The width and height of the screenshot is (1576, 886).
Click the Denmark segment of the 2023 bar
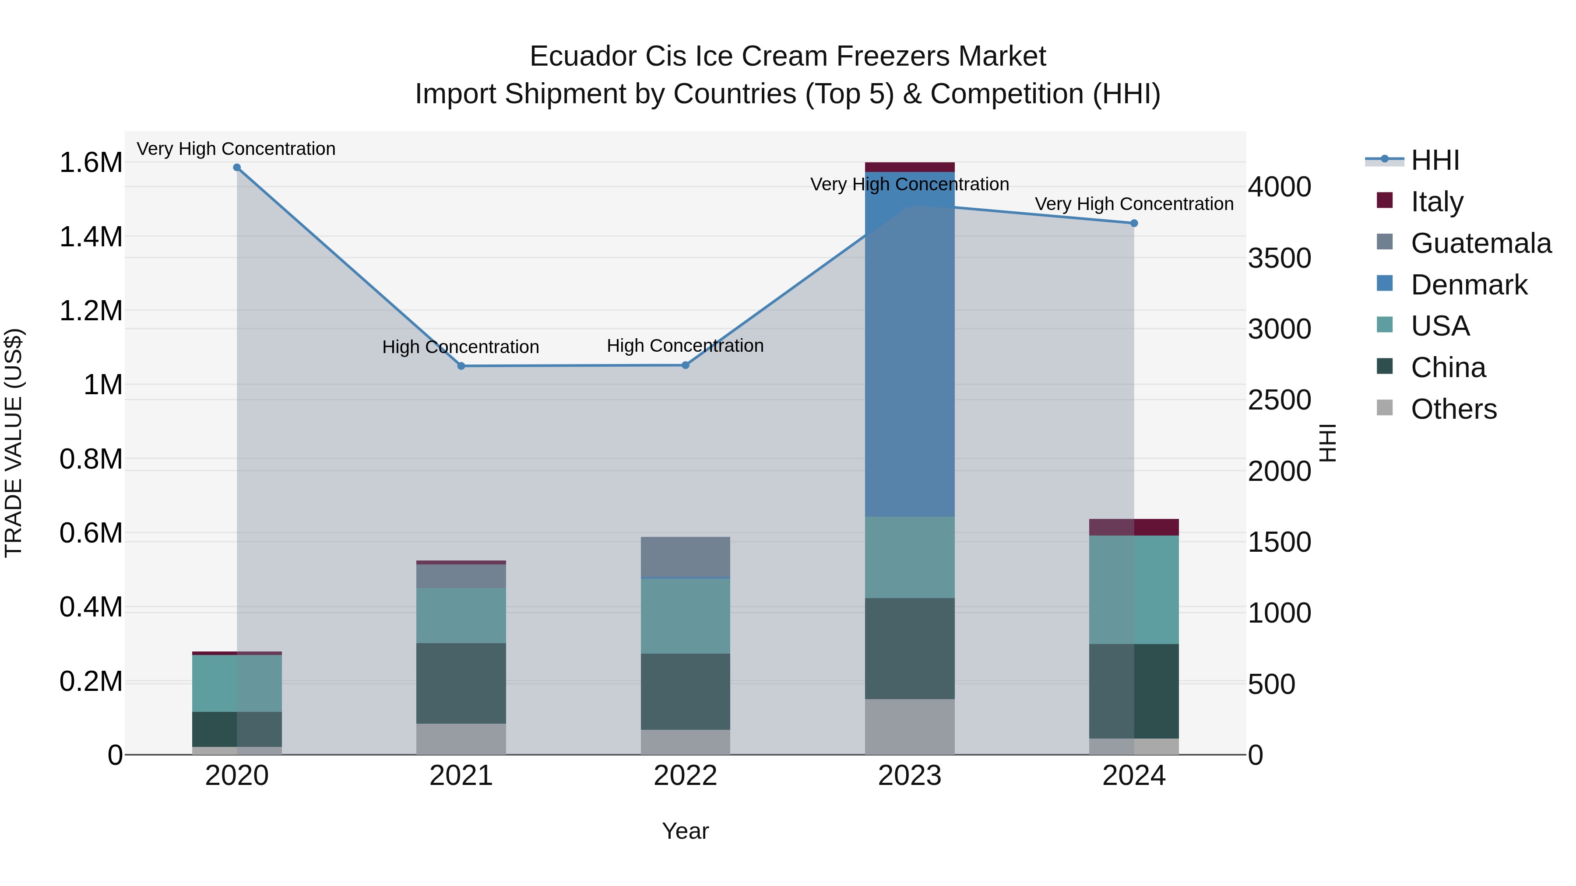(909, 367)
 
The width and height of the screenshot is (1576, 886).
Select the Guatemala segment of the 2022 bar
(685, 557)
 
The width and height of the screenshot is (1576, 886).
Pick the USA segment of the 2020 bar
(237, 683)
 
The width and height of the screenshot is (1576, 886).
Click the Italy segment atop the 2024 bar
(1134, 527)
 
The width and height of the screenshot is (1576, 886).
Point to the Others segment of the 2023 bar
(909, 726)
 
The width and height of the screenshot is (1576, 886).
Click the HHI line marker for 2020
(237, 168)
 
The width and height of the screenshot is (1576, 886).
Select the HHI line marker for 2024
(1134, 223)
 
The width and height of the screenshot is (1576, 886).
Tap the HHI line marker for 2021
(461, 366)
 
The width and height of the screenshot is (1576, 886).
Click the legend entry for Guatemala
(1481, 243)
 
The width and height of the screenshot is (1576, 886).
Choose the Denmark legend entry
(1468, 285)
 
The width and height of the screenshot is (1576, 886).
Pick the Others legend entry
(1453, 409)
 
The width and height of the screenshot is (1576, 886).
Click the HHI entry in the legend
(1435, 160)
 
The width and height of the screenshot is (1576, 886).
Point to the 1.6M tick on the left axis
(91, 163)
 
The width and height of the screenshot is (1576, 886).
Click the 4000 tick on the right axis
(1279, 187)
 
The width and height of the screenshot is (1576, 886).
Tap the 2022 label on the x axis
(685, 776)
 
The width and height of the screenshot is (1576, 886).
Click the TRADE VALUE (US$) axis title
(14, 443)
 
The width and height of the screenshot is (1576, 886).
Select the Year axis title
(685, 831)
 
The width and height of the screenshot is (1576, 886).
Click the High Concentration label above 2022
(685, 346)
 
